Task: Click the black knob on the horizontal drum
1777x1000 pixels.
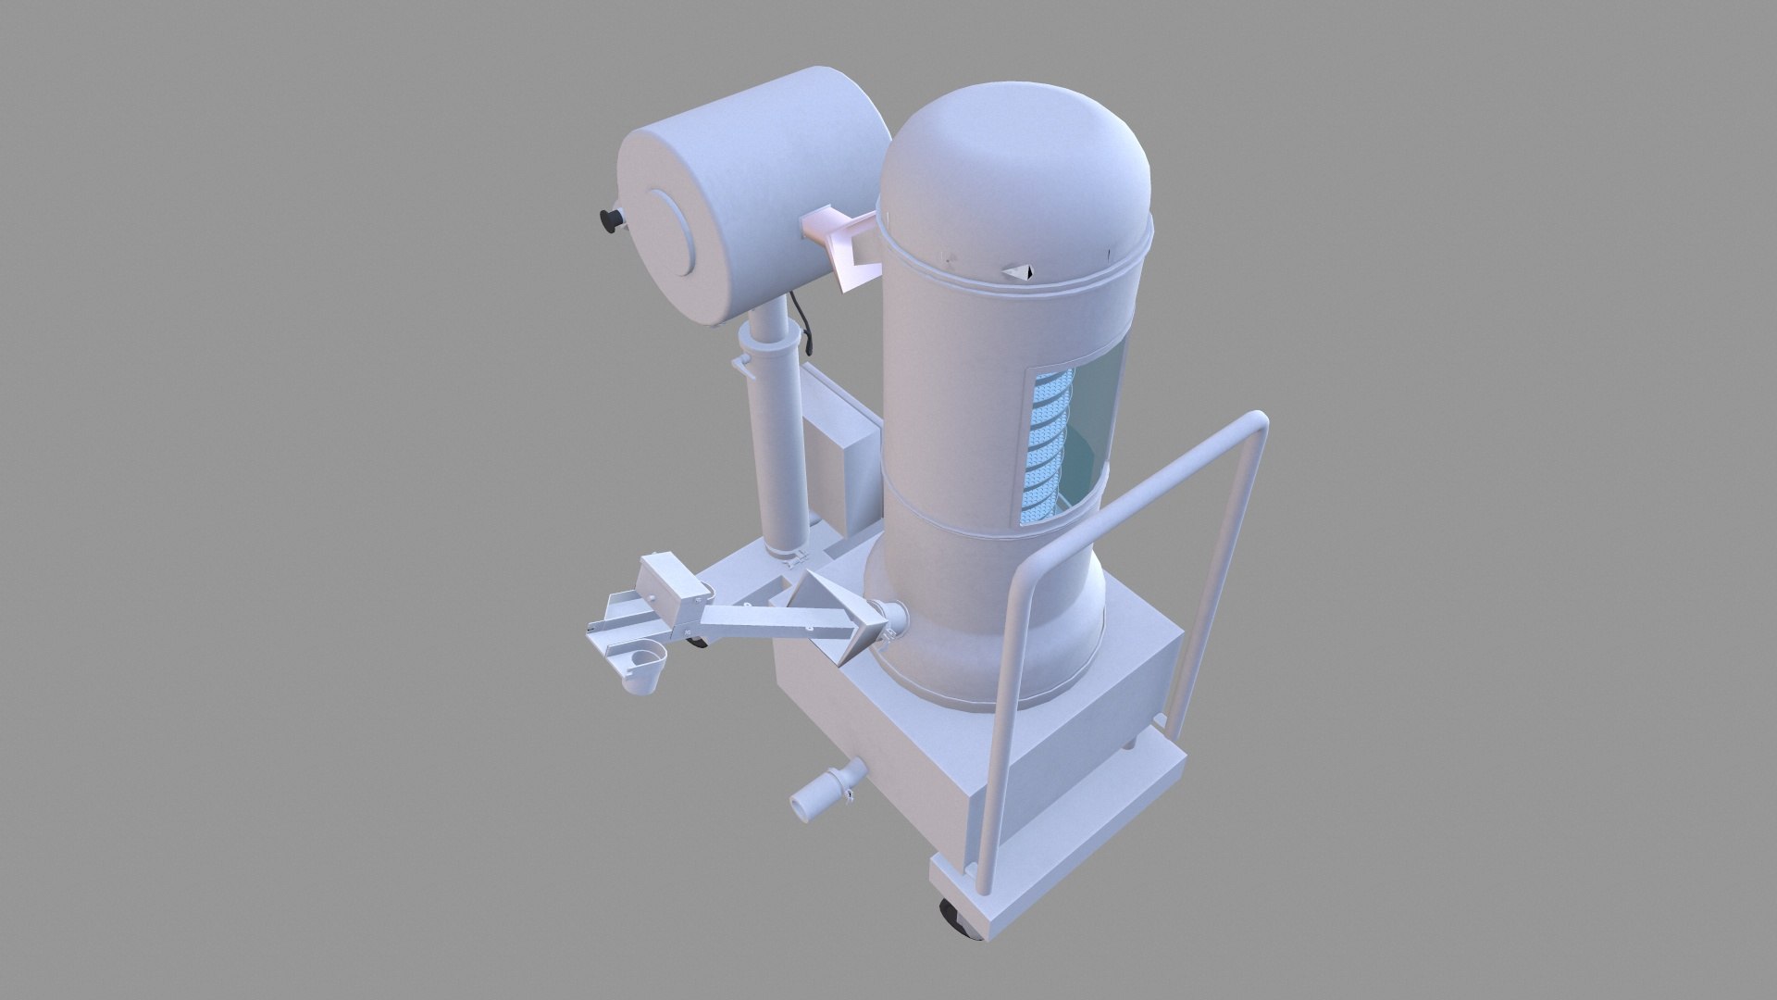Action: (x=610, y=220)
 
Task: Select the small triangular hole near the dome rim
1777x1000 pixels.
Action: (x=1021, y=272)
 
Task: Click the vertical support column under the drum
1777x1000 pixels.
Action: (x=780, y=444)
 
